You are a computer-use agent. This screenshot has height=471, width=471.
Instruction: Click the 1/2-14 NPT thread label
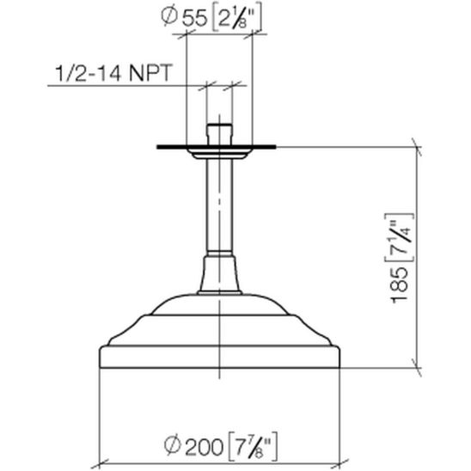pos(113,72)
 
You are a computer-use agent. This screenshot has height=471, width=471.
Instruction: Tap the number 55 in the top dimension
pos(195,18)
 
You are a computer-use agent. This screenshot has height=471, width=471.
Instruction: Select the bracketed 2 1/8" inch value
pos(236,18)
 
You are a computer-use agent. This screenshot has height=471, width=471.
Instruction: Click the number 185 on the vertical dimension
pos(401,285)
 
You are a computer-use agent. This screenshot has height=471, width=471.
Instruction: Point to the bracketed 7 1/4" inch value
pos(400,239)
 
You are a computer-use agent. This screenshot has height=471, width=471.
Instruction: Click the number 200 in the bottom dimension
pos(204,447)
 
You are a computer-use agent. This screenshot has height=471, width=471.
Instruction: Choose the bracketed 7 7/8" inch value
pos(253,447)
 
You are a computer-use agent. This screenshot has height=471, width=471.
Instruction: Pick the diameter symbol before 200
pos(173,445)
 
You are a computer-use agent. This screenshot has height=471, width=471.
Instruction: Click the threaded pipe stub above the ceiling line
pos(219,134)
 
